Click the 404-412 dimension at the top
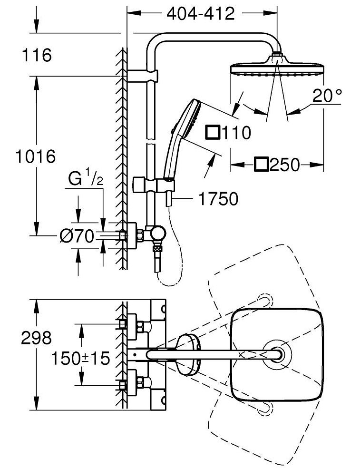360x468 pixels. [200, 13]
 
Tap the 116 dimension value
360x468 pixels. [37, 55]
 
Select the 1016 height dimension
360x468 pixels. [36, 156]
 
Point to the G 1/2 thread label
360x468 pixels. [86, 177]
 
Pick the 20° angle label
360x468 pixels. [327, 96]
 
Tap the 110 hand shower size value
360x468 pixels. [236, 133]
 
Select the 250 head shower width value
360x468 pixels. [284, 165]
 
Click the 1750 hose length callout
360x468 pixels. [218, 199]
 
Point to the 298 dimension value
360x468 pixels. [36, 338]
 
